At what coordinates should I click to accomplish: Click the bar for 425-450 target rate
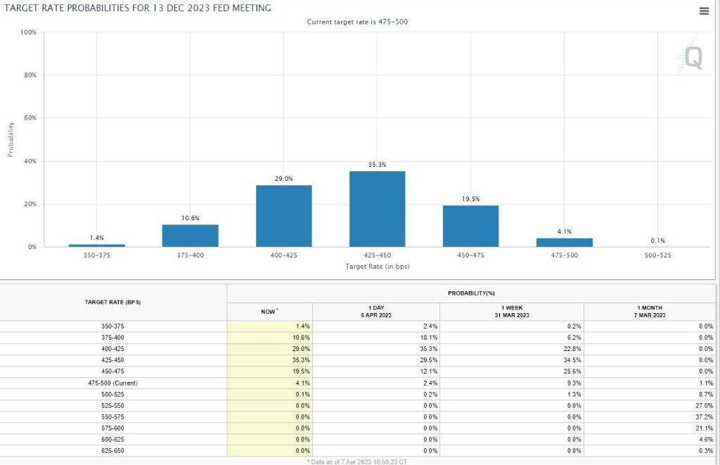(x=377, y=209)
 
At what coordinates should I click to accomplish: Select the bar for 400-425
(x=283, y=216)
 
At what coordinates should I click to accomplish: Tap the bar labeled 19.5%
(x=470, y=226)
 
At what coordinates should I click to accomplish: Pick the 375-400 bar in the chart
(x=190, y=236)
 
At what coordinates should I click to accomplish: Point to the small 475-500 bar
(x=564, y=243)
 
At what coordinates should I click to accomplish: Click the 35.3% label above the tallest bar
(x=377, y=165)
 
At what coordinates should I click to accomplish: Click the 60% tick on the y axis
(x=30, y=118)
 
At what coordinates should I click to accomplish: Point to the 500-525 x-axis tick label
(x=657, y=255)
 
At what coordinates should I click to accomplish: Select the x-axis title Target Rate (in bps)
(x=377, y=267)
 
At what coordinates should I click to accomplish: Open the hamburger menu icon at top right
(x=704, y=11)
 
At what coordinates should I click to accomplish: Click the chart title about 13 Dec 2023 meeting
(x=137, y=8)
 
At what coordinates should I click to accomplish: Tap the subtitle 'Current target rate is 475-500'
(x=357, y=22)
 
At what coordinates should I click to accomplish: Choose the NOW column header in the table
(x=269, y=311)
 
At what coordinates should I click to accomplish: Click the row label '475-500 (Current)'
(x=113, y=383)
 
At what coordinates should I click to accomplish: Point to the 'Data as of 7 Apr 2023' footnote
(x=359, y=461)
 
